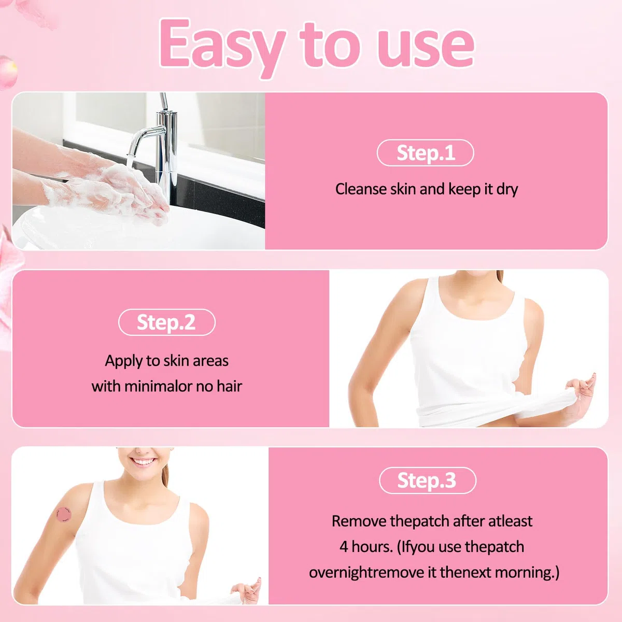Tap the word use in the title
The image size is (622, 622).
[x=425, y=48]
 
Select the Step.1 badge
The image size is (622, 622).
[x=425, y=153]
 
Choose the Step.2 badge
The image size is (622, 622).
[x=166, y=322]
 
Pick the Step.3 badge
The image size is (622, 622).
[x=427, y=480]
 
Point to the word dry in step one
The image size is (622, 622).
[x=507, y=190]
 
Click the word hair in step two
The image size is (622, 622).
[x=229, y=386]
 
